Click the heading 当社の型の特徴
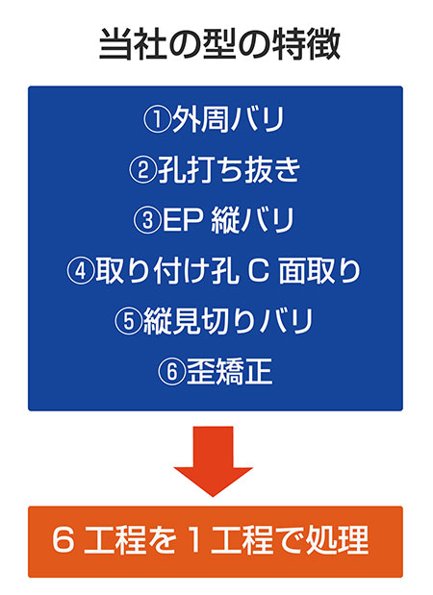(x=219, y=44)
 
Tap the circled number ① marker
(x=157, y=119)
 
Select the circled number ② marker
(x=142, y=170)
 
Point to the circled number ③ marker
(x=147, y=220)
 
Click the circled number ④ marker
(x=81, y=271)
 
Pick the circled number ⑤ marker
(x=128, y=321)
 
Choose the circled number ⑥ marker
(x=171, y=372)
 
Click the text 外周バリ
(x=228, y=119)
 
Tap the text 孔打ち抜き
(x=229, y=170)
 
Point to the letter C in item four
(x=259, y=271)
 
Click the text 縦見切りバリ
(x=228, y=321)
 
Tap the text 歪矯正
(x=229, y=372)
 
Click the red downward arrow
(x=213, y=461)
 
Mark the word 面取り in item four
(x=319, y=271)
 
